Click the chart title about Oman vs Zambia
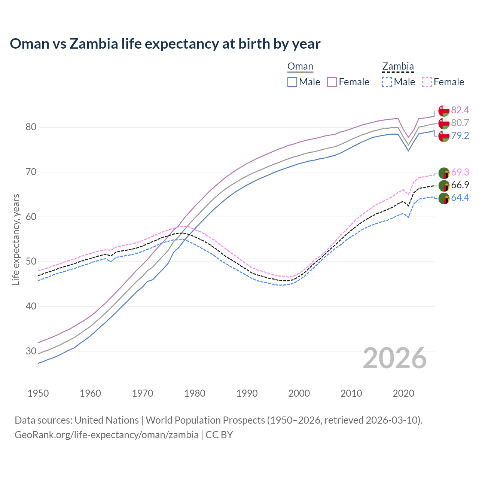pos(165,44)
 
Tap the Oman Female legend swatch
pos(332,82)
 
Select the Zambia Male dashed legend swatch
pos(387,82)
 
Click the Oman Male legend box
pos(292,82)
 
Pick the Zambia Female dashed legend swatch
pos(427,82)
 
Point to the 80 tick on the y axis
pos(31,127)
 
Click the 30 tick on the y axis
pos(31,351)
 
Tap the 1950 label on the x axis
pos(38,393)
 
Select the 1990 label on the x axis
pos(247,393)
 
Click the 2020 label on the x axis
pos(403,393)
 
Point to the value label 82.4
pos(460,110)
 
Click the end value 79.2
pos(460,135)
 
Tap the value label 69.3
pos(460,172)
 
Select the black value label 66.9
pos(460,185)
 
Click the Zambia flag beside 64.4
pos(444,198)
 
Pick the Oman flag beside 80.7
pos(444,123)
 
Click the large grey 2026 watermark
pos(395,358)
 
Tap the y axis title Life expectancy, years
pos(16,239)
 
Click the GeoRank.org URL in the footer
pos(107,435)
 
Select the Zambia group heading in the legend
pos(398,67)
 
